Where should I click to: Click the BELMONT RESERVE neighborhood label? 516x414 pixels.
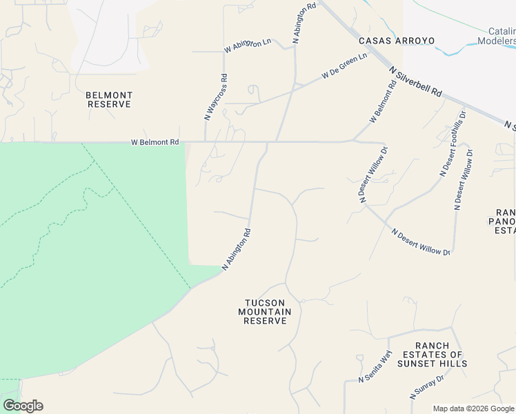108,99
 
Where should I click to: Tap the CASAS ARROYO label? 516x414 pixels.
397,41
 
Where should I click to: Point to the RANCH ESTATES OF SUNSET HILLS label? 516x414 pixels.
433,355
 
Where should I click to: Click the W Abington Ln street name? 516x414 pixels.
248,46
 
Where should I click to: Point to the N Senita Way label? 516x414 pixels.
375,366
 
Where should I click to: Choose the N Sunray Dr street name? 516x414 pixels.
427,388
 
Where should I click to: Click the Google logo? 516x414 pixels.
23,406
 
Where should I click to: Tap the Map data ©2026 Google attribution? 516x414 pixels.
473,408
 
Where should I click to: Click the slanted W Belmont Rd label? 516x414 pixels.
382,103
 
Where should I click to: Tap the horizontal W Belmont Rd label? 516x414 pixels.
155,142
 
